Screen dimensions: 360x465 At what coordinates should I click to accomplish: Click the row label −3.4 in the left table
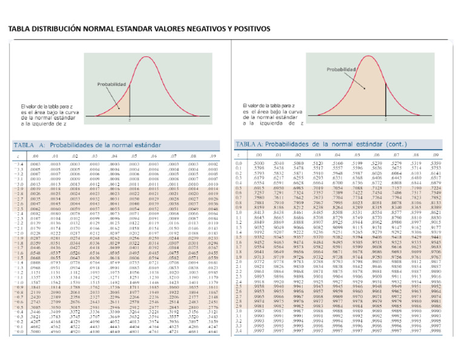[x=19, y=164]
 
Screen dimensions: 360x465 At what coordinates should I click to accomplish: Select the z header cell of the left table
[x=18, y=156]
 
